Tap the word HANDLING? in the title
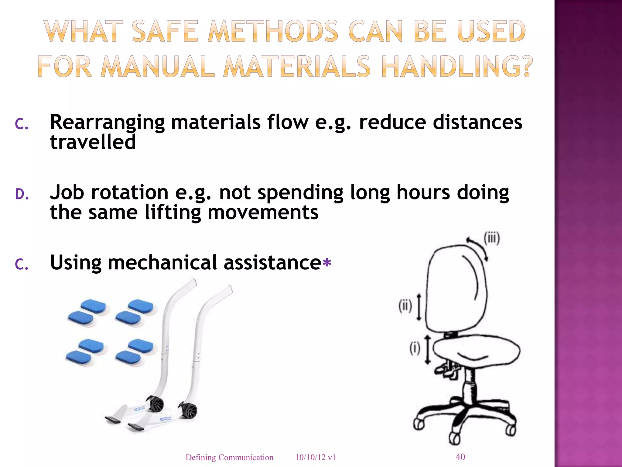[457, 66]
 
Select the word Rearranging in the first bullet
[107, 122]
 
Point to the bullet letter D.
[22, 195]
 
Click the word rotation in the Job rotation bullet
[130, 192]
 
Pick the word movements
[263, 212]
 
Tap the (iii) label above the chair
[491, 238]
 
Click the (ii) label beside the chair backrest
[405, 306]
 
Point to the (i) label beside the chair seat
[415, 348]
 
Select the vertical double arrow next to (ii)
[419, 307]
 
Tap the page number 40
[460, 457]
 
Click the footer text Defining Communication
[229, 458]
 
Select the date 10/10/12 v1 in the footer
[316, 458]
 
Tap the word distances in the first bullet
[477, 122]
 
